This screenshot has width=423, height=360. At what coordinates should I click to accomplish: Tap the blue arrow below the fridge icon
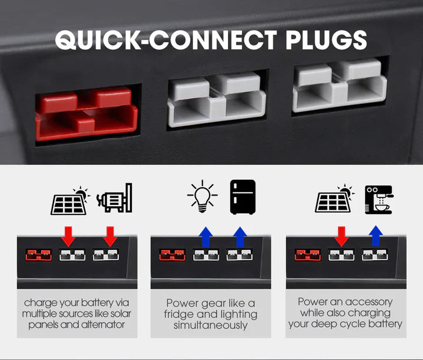point(239,237)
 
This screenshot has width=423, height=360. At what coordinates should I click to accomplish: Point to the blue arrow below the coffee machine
point(375,237)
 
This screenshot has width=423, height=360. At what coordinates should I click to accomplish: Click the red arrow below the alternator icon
point(110,237)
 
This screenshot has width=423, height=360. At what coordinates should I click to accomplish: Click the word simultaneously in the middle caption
point(211,325)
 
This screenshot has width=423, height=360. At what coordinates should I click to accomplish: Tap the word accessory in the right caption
point(368,302)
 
